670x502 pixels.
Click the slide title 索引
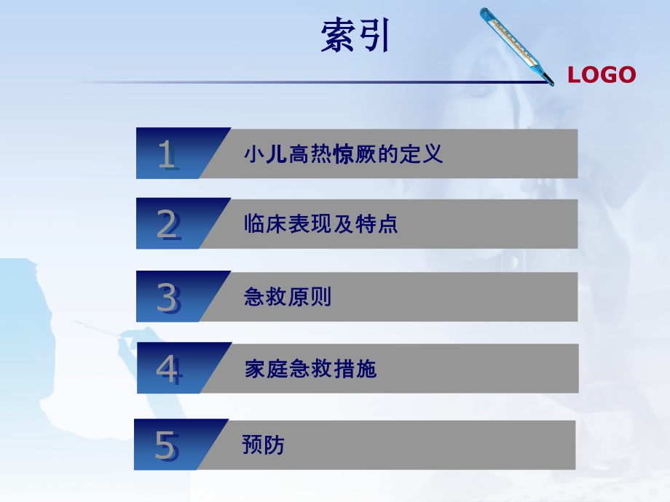tap(355, 36)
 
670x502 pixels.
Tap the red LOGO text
tap(602, 74)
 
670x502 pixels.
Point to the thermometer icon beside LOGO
tap(516, 45)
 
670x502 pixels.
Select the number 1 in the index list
tap(167, 155)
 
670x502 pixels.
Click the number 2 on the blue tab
tap(167, 226)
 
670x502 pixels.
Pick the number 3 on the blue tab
tap(167, 298)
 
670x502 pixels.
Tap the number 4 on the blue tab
tap(167, 370)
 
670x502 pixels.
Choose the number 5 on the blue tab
tap(165, 445)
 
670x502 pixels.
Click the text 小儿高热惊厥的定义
tap(343, 154)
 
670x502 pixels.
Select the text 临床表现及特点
tap(321, 224)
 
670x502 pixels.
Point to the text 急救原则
tap(288, 297)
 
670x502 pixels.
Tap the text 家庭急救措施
tap(310, 369)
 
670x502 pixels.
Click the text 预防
tap(263, 445)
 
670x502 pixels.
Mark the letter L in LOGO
tap(573, 74)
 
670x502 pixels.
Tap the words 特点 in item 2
tap(377, 224)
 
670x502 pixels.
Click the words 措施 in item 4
tap(355, 369)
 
